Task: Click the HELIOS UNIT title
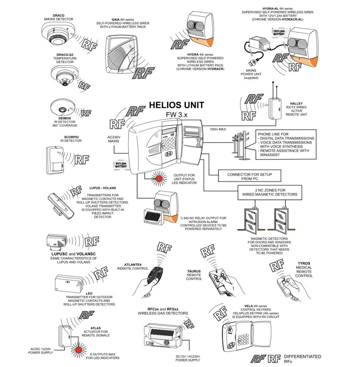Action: click(176, 105)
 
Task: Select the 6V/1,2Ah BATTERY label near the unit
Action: click(122, 165)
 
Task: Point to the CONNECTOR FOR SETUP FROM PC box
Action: click(250, 176)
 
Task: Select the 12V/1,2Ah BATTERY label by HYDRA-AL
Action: click(279, 34)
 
